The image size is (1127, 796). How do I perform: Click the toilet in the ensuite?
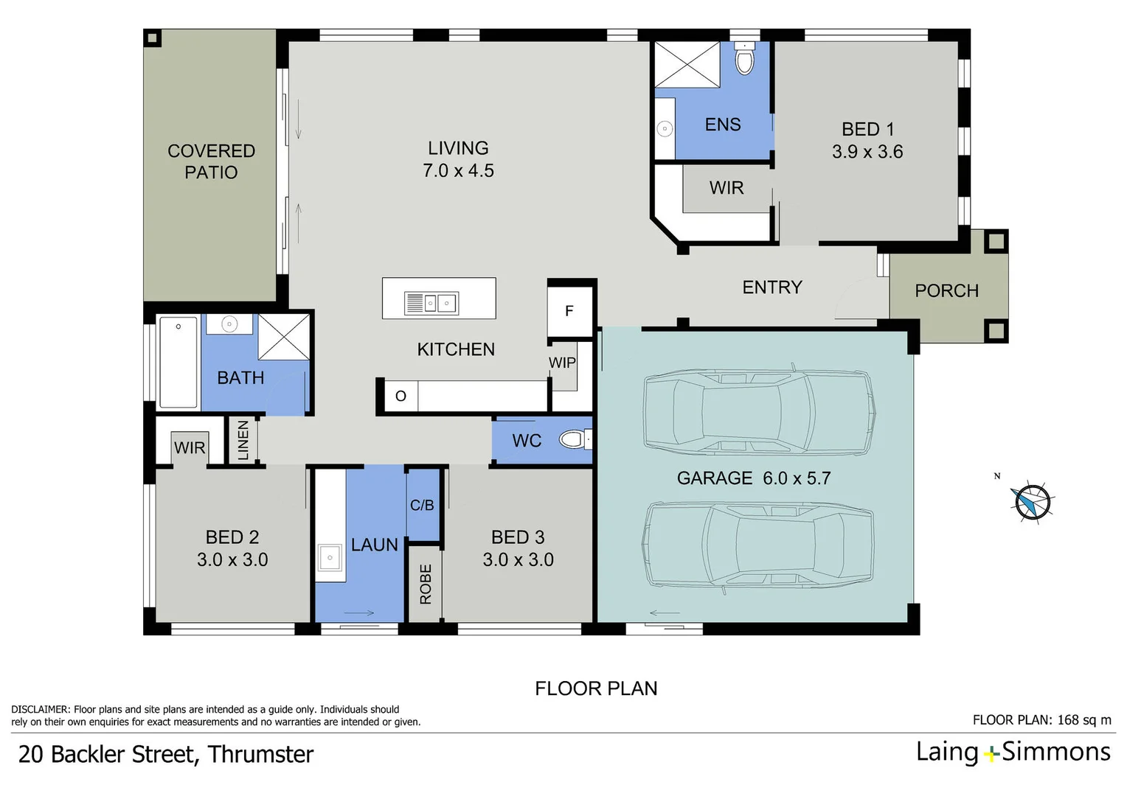745,60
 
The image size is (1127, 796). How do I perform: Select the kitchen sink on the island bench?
431,303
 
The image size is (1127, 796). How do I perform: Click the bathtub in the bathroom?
178,362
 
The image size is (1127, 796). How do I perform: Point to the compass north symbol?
1032,502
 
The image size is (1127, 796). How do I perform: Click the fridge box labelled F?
569,311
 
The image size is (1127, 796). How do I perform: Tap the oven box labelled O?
400,396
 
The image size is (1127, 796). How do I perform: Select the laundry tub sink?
329,558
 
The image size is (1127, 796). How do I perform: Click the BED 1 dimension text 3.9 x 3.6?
867,152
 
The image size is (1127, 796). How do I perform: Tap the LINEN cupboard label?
243,441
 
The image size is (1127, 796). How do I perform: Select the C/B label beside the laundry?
422,505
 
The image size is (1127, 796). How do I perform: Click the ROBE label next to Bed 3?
426,584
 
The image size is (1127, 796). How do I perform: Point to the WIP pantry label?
562,363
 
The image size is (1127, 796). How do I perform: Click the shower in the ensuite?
687,65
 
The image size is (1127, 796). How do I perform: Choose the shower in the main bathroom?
283,338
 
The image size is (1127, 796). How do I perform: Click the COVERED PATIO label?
211,161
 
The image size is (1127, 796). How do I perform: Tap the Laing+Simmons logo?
1013,752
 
